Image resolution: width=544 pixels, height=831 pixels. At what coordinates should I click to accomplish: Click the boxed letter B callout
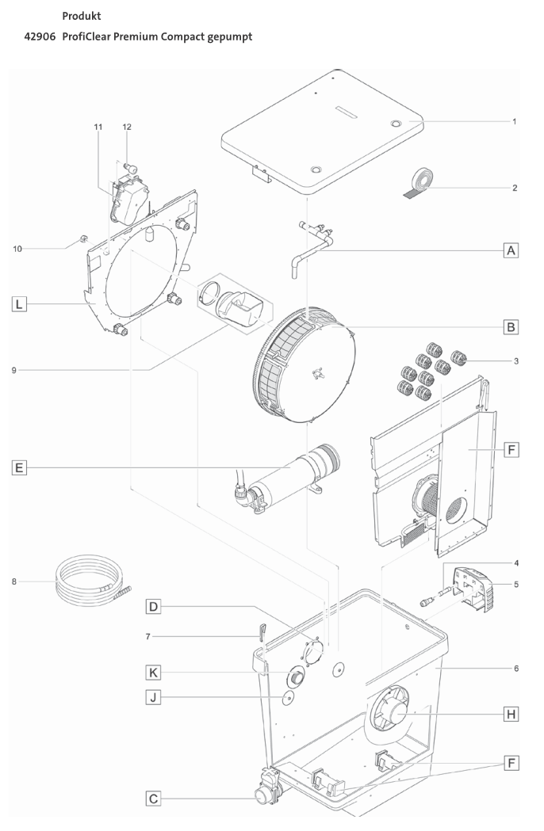point(512,326)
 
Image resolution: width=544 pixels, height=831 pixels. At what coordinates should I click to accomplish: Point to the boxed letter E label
point(18,467)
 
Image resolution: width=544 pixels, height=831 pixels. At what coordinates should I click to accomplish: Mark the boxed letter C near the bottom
point(154,799)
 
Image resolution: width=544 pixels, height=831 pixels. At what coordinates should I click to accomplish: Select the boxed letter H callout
point(512,714)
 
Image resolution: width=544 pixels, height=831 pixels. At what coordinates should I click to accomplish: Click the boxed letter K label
point(154,673)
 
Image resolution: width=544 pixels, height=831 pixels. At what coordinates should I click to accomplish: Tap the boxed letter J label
point(154,697)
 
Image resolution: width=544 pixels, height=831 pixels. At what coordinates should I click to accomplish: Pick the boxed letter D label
point(154,608)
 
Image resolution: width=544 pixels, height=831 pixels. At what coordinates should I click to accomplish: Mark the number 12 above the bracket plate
point(127,127)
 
